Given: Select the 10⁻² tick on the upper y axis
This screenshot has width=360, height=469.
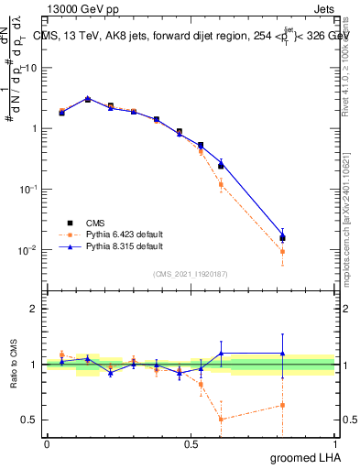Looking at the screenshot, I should tap(30, 250).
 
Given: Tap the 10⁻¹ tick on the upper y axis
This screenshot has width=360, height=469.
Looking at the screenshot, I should tap(30, 190).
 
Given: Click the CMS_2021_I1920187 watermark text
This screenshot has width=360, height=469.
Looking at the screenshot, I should tap(189, 273).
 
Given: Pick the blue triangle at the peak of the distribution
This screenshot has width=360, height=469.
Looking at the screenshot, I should tap(88, 98).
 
